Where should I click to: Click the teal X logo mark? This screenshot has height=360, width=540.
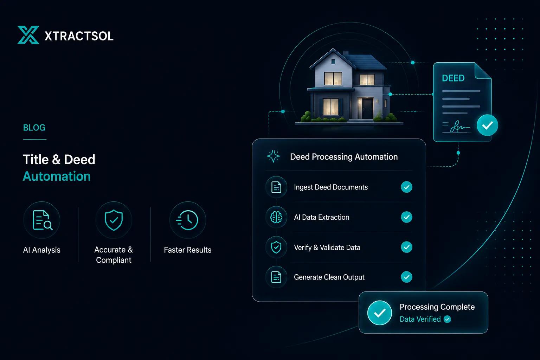28,35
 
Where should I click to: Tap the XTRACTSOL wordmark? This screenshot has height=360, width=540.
79,36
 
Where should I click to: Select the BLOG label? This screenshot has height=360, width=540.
34,128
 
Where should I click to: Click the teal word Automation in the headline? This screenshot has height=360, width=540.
57,176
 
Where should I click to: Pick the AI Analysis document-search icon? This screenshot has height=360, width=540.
42,220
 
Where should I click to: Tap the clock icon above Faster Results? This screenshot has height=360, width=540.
187,220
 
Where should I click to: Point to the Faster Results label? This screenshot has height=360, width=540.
187,250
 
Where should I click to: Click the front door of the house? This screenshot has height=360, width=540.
367,108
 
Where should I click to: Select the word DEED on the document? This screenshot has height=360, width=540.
453,78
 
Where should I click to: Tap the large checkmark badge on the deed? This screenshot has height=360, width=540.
488,125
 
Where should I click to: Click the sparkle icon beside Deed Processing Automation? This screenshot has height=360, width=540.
274,156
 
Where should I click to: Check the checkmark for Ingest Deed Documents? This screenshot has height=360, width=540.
406,187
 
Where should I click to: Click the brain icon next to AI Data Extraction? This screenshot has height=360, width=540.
276,217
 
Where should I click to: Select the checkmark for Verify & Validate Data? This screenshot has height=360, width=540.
406,247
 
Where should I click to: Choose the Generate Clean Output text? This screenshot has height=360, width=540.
329,277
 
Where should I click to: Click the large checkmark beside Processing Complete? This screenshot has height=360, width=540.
380,313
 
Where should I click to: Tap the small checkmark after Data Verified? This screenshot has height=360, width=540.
447,319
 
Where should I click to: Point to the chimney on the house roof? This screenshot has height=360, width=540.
346,53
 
